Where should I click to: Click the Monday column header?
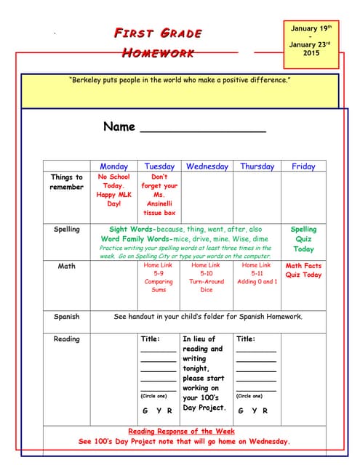click(113, 166)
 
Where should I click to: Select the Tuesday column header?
click(159, 166)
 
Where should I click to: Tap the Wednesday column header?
click(207, 166)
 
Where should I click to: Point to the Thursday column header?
click(257, 166)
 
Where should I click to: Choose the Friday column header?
click(303, 166)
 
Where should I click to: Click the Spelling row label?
click(66, 230)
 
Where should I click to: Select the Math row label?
click(66, 266)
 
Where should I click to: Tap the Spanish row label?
click(66, 317)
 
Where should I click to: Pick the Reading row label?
click(66, 339)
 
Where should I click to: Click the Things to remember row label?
click(66, 182)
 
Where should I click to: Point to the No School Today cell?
click(113, 190)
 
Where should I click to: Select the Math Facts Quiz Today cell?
click(303, 270)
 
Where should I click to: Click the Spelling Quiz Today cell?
click(303, 239)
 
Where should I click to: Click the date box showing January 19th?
click(311, 41)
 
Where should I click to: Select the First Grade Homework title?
click(158, 43)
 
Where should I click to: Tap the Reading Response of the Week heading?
click(184, 431)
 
